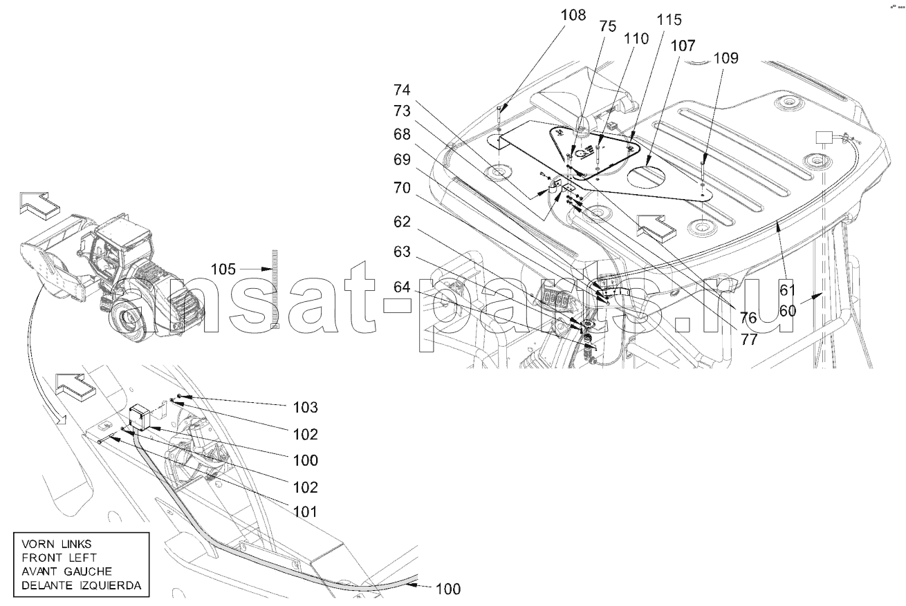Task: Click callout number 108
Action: pos(573,15)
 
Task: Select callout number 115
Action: pos(669,20)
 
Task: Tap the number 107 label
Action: pos(683,46)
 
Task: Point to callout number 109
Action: pos(726,59)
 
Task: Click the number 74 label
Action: pos(402,90)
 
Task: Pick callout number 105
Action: pos(223,269)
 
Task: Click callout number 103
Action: pos(306,408)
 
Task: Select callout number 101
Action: pos(306,512)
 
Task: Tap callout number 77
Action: pos(748,340)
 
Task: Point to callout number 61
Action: pos(788,290)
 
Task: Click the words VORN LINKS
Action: pos(57,545)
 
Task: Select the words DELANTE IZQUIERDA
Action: pos(82,585)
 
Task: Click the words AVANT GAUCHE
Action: pos(66,571)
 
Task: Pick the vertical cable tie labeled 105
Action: pos(275,289)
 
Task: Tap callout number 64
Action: pos(402,287)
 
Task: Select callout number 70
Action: pos(402,188)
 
